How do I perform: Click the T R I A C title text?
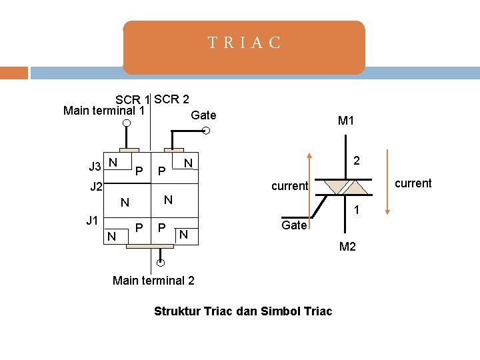click(x=244, y=44)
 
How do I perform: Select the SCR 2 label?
click(x=171, y=99)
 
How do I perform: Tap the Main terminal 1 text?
click(x=104, y=111)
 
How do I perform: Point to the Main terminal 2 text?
click(x=154, y=280)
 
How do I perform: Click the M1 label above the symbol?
click(x=346, y=121)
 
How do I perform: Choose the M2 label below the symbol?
click(x=347, y=247)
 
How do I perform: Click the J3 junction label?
click(x=95, y=166)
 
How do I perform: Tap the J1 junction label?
click(x=93, y=220)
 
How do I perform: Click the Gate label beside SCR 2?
click(x=203, y=115)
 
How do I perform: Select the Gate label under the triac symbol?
click(x=294, y=225)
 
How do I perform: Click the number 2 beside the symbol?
click(x=357, y=161)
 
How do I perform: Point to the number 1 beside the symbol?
click(x=357, y=210)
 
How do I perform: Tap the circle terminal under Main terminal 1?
click(x=126, y=123)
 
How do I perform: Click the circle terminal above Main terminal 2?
click(x=161, y=262)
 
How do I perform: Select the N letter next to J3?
click(x=113, y=163)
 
